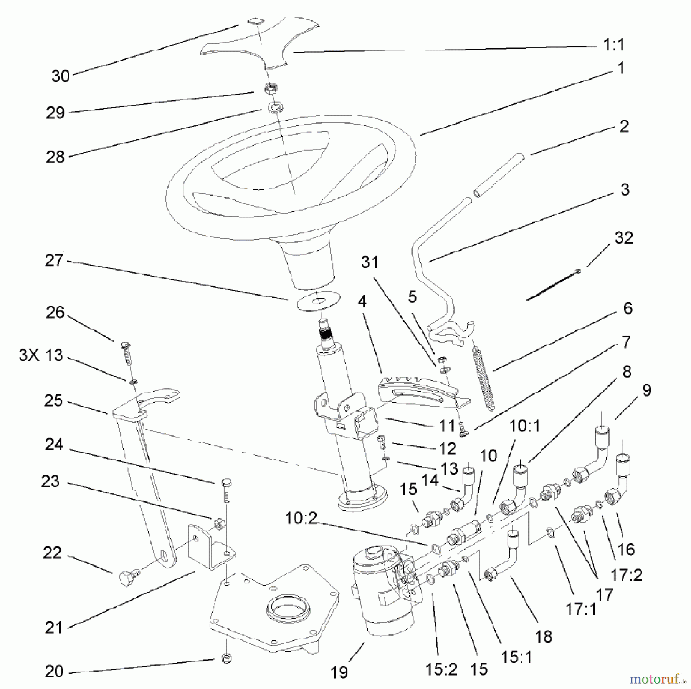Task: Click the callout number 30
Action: [x=61, y=76]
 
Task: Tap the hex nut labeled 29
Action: [x=271, y=88]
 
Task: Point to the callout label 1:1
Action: [x=614, y=45]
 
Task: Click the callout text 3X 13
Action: [x=41, y=355]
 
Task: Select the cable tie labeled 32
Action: [x=553, y=285]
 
